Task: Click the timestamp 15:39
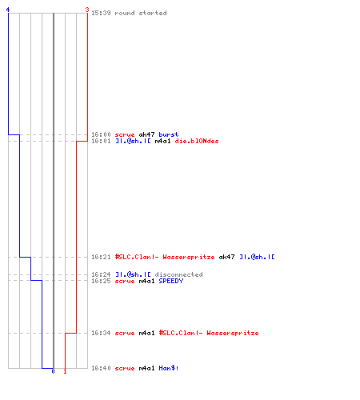pyautogui.click(x=101, y=13)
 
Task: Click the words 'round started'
pyautogui.click(x=141, y=13)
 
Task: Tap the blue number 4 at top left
pyautogui.click(x=8, y=10)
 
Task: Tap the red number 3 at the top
pyautogui.click(x=87, y=10)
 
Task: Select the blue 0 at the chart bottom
pyautogui.click(x=53, y=371)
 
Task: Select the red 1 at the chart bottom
pyautogui.click(x=65, y=371)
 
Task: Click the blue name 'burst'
pyautogui.click(x=169, y=134)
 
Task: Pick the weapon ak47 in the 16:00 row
pyautogui.click(x=146, y=134)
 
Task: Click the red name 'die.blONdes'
pyautogui.click(x=197, y=141)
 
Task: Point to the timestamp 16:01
pyautogui.click(x=101, y=141)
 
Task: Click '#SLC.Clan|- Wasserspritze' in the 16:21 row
pyautogui.click(x=165, y=257)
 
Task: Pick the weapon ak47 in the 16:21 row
pyautogui.click(x=226, y=257)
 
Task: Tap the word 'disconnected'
pyautogui.click(x=178, y=274)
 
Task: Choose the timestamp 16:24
pyautogui.click(x=101, y=274)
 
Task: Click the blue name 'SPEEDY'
pyautogui.click(x=171, y=281)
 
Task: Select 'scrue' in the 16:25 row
pyautogui.click(x=125, y=281)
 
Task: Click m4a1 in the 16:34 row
pyautogui.click(x=146, y=333)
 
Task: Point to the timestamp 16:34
pyautogui.click(x=101, y=333)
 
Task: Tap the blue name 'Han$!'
pyautogui.click(x=169, y=368)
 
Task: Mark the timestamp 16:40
pyautogui.click(x=101, y=368)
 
